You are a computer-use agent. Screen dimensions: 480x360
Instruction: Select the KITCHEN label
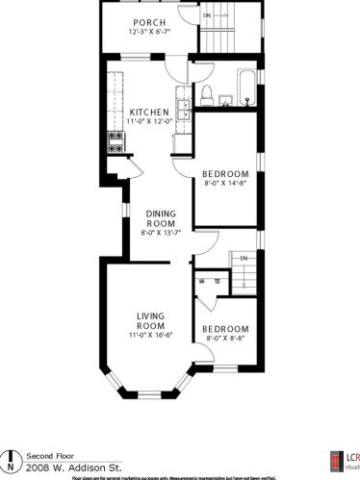(149, 112)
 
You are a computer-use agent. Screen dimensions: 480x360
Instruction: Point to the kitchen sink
(180, 99)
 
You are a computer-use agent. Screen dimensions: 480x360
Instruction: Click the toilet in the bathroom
(205, 93)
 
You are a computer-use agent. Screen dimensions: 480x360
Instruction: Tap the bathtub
(247, 88)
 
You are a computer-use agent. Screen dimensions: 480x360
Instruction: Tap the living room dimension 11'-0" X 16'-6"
(151, 335)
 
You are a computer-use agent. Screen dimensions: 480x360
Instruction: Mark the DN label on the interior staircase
(244, 258)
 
